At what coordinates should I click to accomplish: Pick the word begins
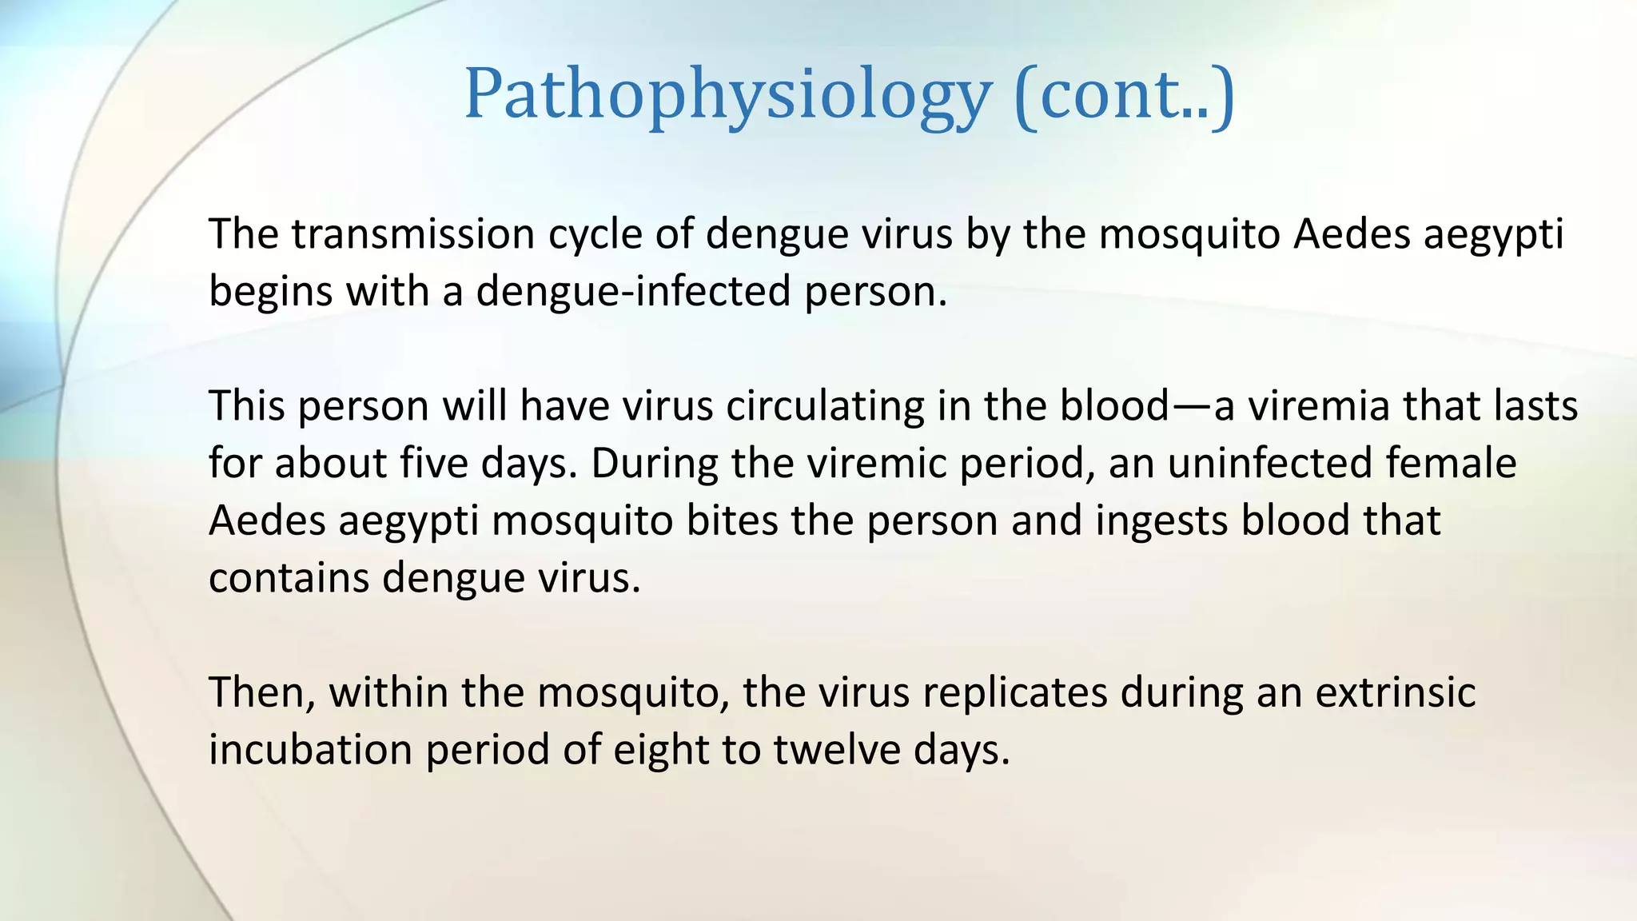click(270, 292)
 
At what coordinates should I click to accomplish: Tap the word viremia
click(1319, 406)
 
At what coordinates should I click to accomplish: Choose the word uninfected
click(1269, 464)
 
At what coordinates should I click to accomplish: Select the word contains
click(289, 578)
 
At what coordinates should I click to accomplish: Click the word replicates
click(1014, 692)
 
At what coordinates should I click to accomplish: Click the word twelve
click(837, 750)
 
